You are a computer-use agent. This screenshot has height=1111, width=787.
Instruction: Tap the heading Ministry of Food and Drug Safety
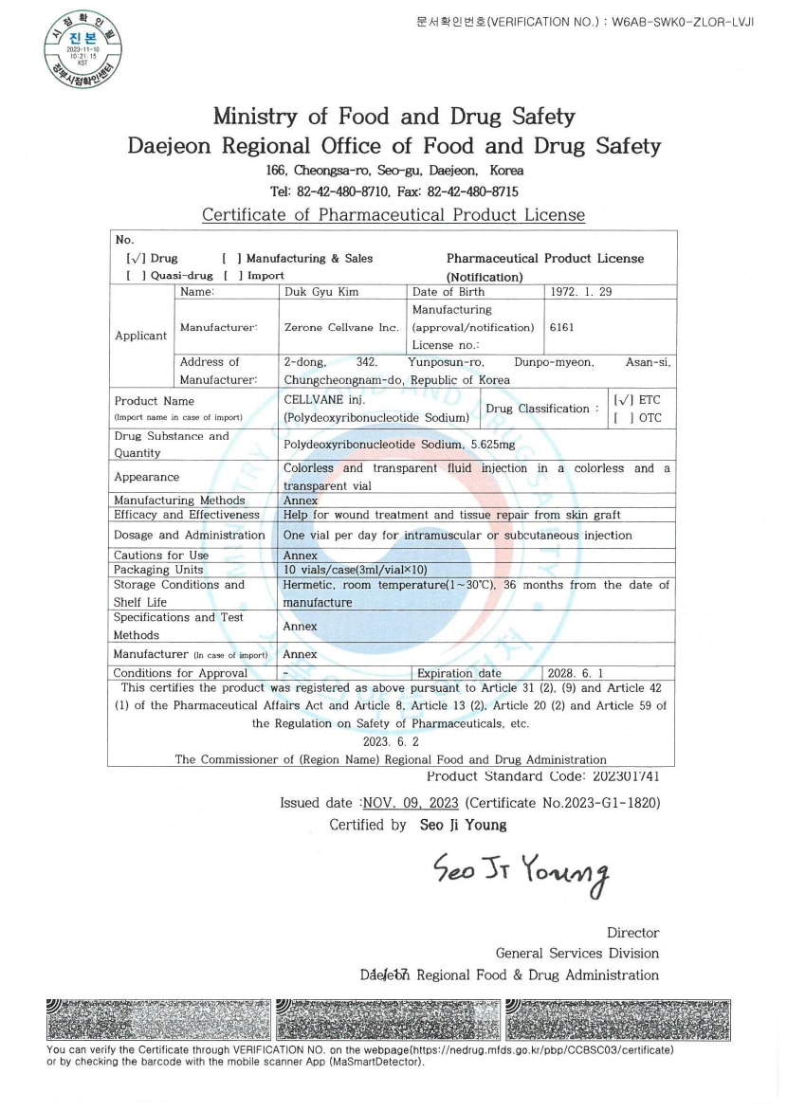coord(393,117)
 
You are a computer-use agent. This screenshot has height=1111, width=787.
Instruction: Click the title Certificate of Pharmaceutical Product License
coord(393,215)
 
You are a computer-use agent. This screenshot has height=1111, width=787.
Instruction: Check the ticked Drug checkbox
coord(135,259)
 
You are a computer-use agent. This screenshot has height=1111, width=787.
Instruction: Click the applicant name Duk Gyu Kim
coord(321,292)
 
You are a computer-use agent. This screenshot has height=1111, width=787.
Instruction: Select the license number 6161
coord(563,327)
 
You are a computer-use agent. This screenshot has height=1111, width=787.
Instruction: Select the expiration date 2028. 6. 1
coord(576,673)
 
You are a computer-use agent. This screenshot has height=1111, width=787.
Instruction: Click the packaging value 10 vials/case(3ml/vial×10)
coord(356,570)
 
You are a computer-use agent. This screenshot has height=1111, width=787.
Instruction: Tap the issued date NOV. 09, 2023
coord(411,803)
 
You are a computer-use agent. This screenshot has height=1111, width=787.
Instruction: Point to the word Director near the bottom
coord(632,933)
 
